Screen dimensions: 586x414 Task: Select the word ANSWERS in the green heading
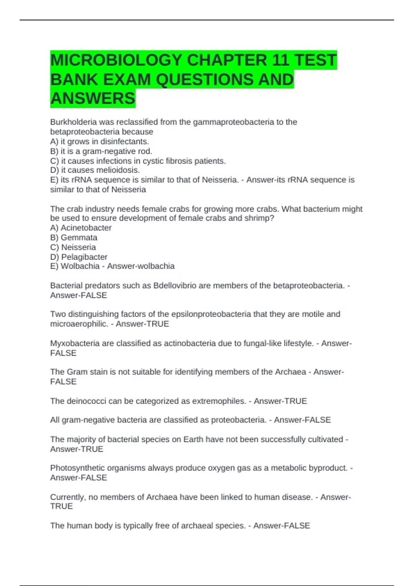(x=92, y=99)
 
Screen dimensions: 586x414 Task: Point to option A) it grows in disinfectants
(x=99, y=142)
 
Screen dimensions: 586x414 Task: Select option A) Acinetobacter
(x=81, y=228)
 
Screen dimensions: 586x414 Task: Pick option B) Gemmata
(x=73, y=238)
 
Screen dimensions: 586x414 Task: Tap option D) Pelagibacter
(x=79, y=257)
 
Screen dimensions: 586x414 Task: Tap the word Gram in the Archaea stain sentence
(x=77, y=372)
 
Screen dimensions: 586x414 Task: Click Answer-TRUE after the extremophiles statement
(x=280, y=401)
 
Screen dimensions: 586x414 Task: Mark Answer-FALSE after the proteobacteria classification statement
(x=302, y=420)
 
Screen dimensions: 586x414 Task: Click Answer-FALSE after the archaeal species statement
(x=282, y=526)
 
